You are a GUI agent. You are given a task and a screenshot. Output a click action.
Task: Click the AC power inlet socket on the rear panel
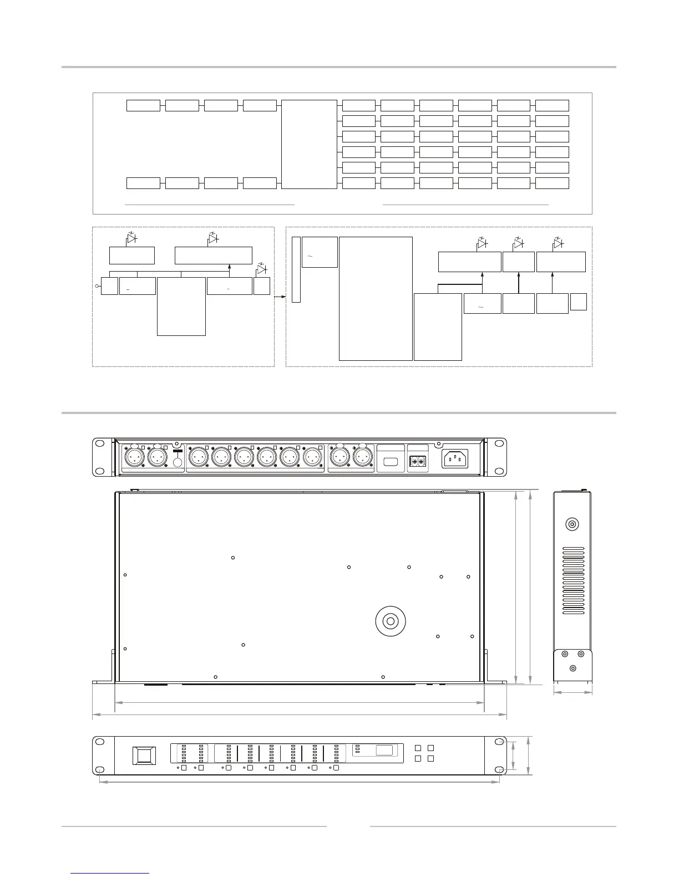click(x=454, y=458)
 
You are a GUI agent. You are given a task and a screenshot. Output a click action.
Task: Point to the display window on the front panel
click(x=384, y=751)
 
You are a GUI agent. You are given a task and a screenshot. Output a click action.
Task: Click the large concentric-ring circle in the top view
click(x=391, y=621)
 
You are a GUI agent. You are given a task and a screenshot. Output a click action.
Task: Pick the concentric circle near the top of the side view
click(x=572, y=524)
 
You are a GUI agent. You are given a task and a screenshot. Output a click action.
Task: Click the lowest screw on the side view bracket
click(x=572, y=668)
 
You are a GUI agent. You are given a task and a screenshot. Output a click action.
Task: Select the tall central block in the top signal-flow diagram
click(x=309, y=144)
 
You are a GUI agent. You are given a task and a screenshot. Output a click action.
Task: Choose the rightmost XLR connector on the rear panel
click(x=363, y=458)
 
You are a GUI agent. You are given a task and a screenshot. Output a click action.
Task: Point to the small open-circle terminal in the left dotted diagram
click(x=97, y=286)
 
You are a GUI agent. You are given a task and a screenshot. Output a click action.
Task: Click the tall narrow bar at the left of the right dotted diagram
click(x=296, y=269)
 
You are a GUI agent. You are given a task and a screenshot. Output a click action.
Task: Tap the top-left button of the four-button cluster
click(x=418, y=748)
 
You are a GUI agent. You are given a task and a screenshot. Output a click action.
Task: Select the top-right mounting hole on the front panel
click(x=499, y=742)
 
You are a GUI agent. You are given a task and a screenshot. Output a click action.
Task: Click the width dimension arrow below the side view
click(x=572, y=692)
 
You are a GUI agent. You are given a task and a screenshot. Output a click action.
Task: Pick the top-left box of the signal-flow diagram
click(x=143, y=105)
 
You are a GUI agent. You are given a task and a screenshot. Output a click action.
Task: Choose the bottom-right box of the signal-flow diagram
click(x=552, y=183)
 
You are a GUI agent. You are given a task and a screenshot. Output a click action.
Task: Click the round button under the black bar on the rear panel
click(x=178, y=463)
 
